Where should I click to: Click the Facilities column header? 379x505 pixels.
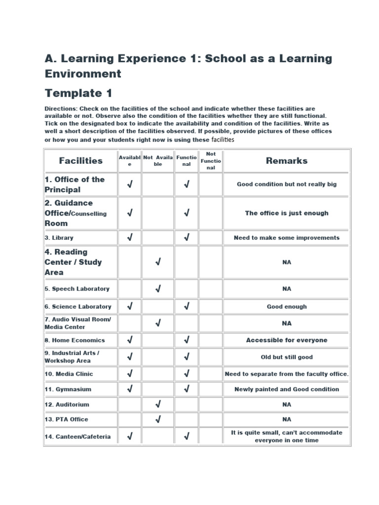click(x=81, y=161)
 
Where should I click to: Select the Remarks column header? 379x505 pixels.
click(x=287, y=161)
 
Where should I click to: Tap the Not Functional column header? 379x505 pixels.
click(x=211, y=161)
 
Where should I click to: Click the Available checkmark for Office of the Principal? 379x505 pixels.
click(x=130, y=184)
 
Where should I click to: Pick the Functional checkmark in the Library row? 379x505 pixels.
click(x=187, y=238)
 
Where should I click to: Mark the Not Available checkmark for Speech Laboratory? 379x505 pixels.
click(x=158, y=289)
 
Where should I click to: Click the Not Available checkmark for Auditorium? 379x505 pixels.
click(x=158, y=404)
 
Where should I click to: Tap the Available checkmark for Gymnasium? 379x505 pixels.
click(x=130, y=389)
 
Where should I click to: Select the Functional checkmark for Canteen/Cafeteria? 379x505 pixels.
click(x=187, y=436)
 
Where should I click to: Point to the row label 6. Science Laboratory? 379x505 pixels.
click(x=78, y=306)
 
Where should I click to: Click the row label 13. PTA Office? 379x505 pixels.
click(x=66, y=419)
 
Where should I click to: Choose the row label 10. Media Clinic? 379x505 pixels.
click(x=69, y=374)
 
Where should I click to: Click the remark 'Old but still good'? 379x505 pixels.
click(x=287, y=357)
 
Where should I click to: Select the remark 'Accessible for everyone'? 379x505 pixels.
click(x=287, y=340)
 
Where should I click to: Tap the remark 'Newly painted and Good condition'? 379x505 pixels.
click(x=287, y=389)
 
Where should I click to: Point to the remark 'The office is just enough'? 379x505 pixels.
click(x=287, y=213)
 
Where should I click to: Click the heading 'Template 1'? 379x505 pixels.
click(x=78, y=93)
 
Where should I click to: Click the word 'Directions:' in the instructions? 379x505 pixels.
click(x=61, y=108)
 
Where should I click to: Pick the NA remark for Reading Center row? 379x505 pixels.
click(x=287, y=262)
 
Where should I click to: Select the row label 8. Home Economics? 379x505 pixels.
click(x=75, y=340)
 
